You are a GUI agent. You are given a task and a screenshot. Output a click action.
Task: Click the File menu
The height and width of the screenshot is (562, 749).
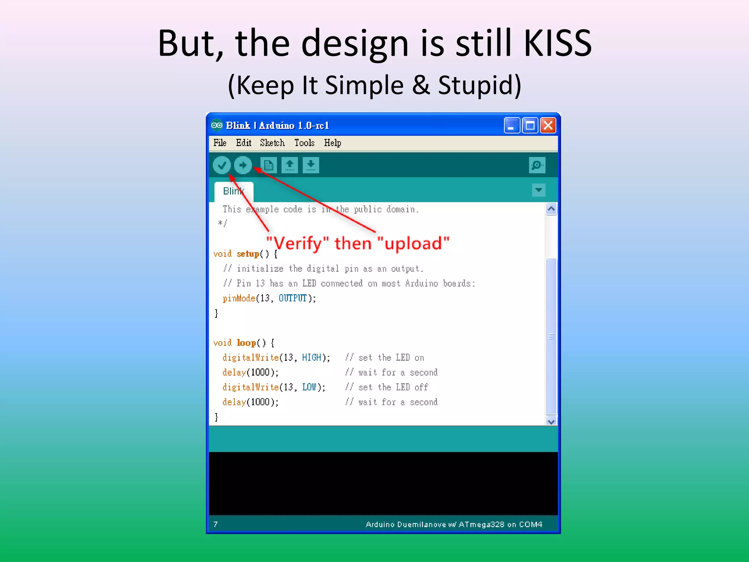[x=220, y=143]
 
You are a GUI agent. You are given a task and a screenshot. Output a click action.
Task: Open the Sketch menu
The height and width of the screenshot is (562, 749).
[x=272, y=143]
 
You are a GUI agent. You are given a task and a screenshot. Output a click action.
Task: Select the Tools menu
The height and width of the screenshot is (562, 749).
[x=304, y=143]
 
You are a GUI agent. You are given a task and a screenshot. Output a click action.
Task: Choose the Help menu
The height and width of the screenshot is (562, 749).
[x=332, y=143]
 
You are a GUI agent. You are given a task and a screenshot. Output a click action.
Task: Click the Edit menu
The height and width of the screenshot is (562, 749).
[x=244, y=143]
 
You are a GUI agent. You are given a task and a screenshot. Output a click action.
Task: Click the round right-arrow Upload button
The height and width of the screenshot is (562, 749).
[x=243, y=165]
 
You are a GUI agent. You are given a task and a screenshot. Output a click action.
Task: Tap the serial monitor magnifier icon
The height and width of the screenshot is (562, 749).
[x=537, y=165]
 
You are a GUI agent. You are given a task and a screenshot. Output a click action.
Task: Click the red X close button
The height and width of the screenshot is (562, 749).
[x=548, y=125]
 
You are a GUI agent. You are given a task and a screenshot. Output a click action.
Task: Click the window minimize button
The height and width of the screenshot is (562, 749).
[x=512, y=125]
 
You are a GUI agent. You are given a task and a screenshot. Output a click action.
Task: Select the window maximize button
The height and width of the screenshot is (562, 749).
[x=530, y=125]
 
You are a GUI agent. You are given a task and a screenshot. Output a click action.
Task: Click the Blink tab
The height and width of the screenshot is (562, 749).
[x=234, y=191]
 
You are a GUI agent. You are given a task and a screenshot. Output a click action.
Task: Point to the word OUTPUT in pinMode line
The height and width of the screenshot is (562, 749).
[x=293, y=298]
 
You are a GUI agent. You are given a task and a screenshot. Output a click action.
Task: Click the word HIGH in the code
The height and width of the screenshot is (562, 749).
[x=312, y=357]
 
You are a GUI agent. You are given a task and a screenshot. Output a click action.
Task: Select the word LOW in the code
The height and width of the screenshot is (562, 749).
[x=309, y=387]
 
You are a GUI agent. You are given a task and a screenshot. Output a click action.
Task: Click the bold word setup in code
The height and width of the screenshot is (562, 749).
[x=248, y=254]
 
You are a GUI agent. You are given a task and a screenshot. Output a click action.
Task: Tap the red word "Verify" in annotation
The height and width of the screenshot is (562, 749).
[x=298, y=243]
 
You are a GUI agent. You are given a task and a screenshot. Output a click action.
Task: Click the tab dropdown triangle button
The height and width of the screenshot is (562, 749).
[x=538, y=190]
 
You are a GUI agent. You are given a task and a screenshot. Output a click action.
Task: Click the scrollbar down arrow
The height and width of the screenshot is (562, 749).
[x=551, y=421]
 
